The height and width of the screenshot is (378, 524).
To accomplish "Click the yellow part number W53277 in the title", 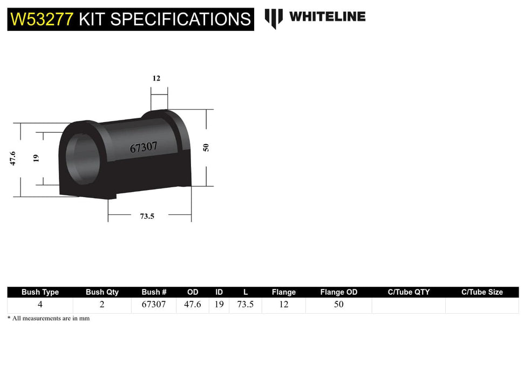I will click(42, 19).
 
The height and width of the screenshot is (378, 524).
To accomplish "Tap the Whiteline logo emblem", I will click(274, 18).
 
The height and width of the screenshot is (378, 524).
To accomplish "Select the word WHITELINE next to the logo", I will click(327, 17).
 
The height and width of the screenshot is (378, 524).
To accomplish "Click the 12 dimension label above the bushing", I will click(156, 78).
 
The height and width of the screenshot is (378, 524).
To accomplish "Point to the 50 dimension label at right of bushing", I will click(206, 147).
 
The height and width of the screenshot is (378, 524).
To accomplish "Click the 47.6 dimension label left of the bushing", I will click(12, 159).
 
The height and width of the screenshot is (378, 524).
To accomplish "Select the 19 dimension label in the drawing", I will click(36, 158).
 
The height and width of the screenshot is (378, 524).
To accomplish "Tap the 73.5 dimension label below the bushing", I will click(147, 216).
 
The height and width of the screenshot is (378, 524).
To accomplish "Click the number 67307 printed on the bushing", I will click(144, 147).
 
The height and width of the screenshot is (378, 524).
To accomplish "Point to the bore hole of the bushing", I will click(80, 157).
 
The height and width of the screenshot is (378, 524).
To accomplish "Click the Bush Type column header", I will click(40, 292).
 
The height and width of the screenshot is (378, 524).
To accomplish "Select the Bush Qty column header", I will click(102, 292).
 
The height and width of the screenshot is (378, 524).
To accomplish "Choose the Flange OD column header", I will click(338, 292).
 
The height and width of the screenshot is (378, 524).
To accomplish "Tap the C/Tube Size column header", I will click(481, 292).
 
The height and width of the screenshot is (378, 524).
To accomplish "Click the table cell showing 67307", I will click(154, 305).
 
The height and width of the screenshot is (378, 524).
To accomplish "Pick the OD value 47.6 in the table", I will click(192, 305).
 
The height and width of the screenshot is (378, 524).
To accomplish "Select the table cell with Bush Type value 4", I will click(40, 305).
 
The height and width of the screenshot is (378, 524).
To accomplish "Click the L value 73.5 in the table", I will click(246, 305).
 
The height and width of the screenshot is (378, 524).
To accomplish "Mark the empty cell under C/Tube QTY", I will click(409, 305).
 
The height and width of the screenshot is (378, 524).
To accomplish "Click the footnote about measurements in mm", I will click(49, 319).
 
